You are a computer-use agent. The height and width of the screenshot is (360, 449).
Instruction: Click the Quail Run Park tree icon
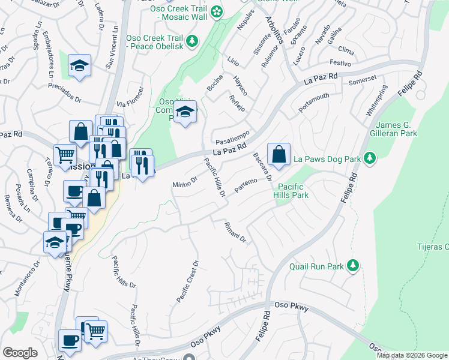click(354, 265)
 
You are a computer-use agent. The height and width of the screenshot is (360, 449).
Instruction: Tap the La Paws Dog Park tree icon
click(370, 158)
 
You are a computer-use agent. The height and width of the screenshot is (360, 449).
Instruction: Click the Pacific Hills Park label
click(292, 191)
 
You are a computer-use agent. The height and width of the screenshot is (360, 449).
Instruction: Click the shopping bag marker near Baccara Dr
click(279, 154)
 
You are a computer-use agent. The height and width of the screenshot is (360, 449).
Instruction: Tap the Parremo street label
click(246, 185)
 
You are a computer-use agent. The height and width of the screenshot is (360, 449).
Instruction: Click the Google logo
click(20, 353)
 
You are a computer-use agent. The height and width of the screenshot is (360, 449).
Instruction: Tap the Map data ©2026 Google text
click(411, 355)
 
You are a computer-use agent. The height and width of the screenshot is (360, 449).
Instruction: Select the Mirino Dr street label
click(185, 181)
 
